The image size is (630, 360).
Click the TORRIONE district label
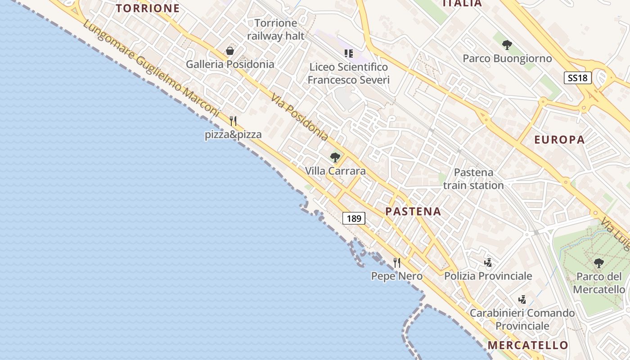coord(148,8)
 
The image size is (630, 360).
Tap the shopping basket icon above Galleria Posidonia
coord(230,51)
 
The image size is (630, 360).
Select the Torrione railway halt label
coord(276,29)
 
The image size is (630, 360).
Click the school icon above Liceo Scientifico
coord(348,54)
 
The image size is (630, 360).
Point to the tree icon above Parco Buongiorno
coord(507,45)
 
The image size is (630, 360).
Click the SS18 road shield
coord(577,77)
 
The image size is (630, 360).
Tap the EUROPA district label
coord(559,139)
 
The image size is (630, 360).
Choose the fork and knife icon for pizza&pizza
coord(233,121)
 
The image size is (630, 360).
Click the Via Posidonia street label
coord(299,117)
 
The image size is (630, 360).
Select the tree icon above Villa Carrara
coord(335,157)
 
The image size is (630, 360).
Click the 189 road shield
coord(354,219)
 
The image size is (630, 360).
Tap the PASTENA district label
coord(413,211)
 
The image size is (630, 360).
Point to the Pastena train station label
coord(473,179)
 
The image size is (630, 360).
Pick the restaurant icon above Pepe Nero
coord(397,262)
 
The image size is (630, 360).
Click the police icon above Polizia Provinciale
coord(488,262)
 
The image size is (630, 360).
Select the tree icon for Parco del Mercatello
coord(598,263)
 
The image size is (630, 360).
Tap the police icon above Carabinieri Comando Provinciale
coord(522,299)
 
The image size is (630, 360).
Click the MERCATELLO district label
coord(528,345)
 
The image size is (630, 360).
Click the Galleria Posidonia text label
coord(230,64)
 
